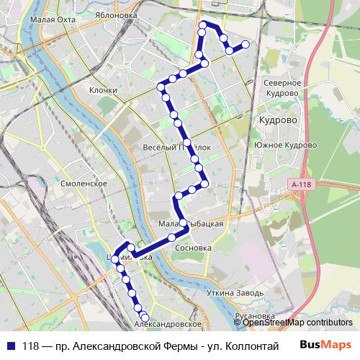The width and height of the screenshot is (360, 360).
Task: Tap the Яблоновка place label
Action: click(x=120, y=13)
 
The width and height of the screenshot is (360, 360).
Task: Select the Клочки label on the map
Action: click(x=103, y=90)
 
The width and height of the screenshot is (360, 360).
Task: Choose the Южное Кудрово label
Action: click(x=286, y=145)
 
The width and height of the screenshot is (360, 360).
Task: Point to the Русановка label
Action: click(x=256, y=316)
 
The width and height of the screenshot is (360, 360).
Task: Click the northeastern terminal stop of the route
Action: click(x=246, y=45)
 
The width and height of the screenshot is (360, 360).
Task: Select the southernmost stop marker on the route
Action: click(x=145, y=318)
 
